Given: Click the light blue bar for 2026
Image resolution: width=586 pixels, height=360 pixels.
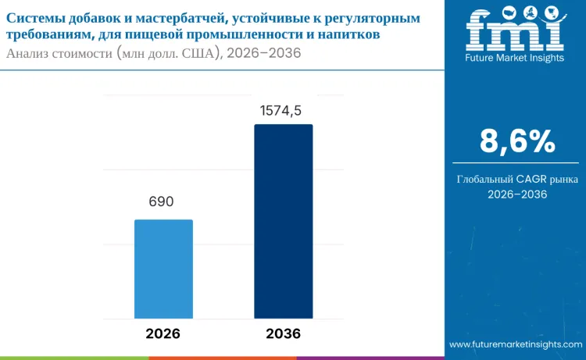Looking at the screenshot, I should pyautogui.click(x=163, y=269).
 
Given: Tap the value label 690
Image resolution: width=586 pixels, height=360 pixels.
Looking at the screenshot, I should pyautogui.click(x=161, y=201).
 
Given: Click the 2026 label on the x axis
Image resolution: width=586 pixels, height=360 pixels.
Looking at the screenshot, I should pyautogui.click(x=163, y=333).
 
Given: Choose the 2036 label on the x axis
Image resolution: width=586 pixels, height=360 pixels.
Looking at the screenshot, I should pyautogui.click(x=283, y=333).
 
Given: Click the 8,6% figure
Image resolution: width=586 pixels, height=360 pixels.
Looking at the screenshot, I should pyautogui.click(x=516, y=142).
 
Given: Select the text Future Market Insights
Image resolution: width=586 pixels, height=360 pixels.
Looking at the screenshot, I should pyautogui.click(x=515, y=59).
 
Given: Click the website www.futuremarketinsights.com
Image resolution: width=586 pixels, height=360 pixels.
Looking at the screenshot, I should pyautogui.click(x=514, y=344).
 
